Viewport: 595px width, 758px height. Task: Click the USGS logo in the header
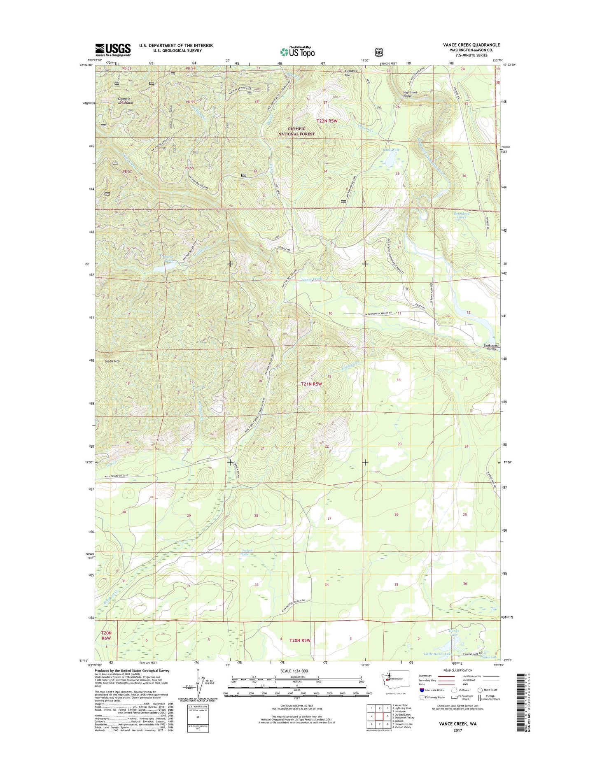113,50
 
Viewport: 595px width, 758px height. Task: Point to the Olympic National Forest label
296,131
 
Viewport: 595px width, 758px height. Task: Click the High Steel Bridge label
410,94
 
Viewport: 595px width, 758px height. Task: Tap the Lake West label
391,150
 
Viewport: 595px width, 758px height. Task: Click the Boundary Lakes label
461,215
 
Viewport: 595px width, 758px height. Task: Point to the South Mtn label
112,361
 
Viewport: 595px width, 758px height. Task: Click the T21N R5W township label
311,384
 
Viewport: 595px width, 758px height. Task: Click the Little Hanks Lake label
438,665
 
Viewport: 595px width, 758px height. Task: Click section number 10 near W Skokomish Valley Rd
330,314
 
